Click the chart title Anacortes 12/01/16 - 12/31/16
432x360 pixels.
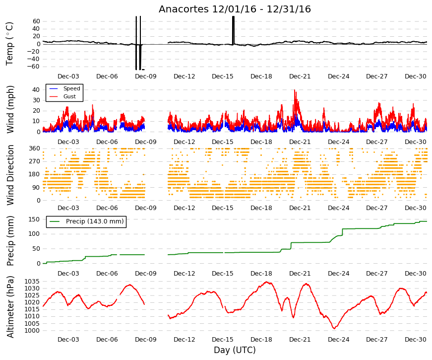[235, 9]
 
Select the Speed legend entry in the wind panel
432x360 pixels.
[71, 88]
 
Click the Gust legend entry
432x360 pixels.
[69, 96]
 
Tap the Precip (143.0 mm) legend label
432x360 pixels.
[95, 221]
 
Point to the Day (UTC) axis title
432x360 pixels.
[235, 350]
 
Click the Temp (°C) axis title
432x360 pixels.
[9, 44]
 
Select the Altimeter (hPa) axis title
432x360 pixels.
[10, 307]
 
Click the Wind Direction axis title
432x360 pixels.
[10, 175]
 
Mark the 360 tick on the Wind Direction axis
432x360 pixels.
[35, 148]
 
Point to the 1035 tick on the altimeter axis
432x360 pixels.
[32, 282]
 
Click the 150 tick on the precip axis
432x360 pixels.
[35, 219]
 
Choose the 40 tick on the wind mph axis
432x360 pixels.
[36, 90]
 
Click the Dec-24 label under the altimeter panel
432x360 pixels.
[338, 340]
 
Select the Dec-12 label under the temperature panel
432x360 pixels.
[184, 76]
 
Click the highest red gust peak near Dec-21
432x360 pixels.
[295, 90]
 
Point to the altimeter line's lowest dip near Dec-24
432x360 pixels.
[334, 328]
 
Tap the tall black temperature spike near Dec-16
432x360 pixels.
[233, 30]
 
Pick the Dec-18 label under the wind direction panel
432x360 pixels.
[261, 208]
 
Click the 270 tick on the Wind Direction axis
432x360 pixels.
[35, 161]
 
